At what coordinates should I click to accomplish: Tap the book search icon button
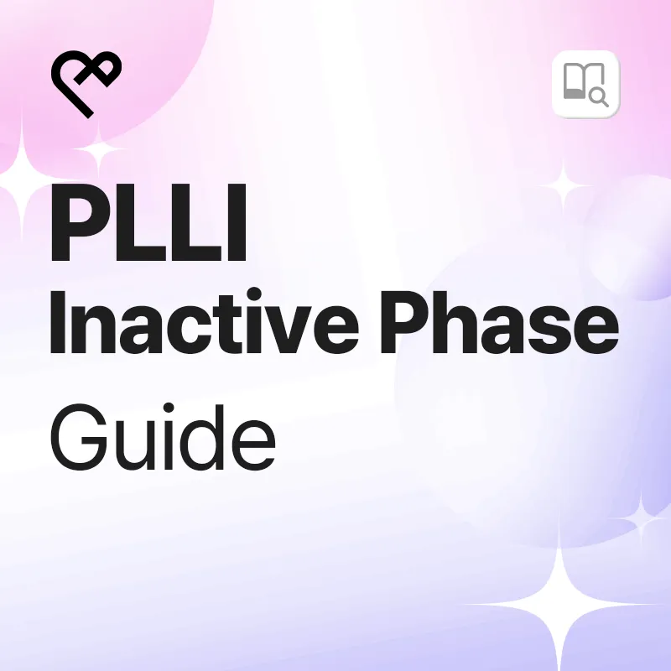pos(585,84)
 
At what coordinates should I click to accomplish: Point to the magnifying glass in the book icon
pos(599,96)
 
